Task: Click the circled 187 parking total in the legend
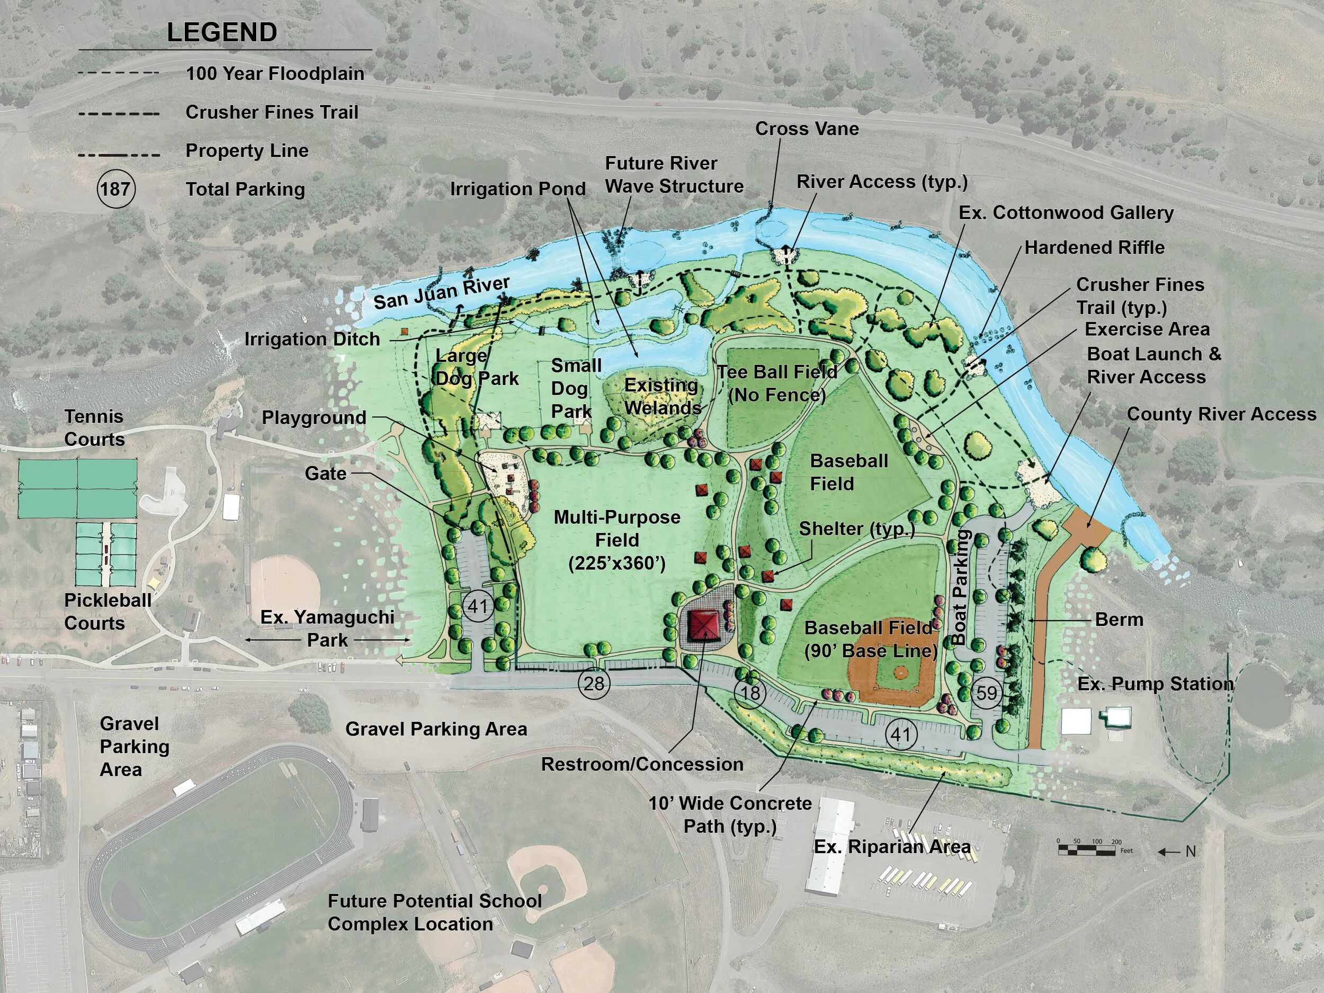[x=115, y=189]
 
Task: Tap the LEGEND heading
[x=221, y=32]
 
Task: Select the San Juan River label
[x=441, y=293]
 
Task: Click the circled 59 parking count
[x=987, y=693]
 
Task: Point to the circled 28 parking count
[x=594, y=683]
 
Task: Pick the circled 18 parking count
[x=750, y=693]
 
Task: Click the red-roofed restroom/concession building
[x=704, y=625]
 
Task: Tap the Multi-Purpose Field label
[x=617, y=540]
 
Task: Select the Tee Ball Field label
[x=777, y=383]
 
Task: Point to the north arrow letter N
[x=1191, y=851]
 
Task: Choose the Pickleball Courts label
[x=107, y=611]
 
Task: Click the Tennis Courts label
[x=94, y=427]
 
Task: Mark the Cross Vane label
[x=807, y=129]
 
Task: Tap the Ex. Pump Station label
[x=1155, y=684]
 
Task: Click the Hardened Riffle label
[x=1094, y=247]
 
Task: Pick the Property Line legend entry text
[x=247, y=150]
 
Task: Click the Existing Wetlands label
[x=662, y=396]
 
